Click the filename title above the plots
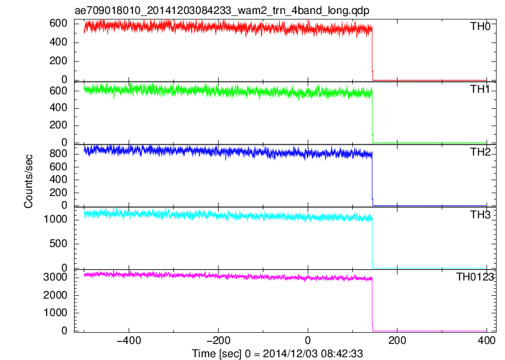(222, 10)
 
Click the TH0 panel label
(480, 26)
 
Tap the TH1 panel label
(480, 89)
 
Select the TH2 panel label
(480, 152)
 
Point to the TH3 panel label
(480, 215)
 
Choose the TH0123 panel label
(475, 277)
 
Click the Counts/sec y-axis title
(29, 181)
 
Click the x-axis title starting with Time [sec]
(278, 354)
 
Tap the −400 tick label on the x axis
(129, 340)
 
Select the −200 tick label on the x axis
(218, 340)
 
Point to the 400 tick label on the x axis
(486, 340)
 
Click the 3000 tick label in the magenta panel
(55, 277)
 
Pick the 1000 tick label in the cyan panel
(55, 219)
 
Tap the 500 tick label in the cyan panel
(59, 243)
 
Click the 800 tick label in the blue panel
(59, 154)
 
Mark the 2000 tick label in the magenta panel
(55, 295)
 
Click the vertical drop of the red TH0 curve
(372, 54)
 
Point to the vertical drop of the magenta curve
(372, 305)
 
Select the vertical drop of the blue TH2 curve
(372, 180)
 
